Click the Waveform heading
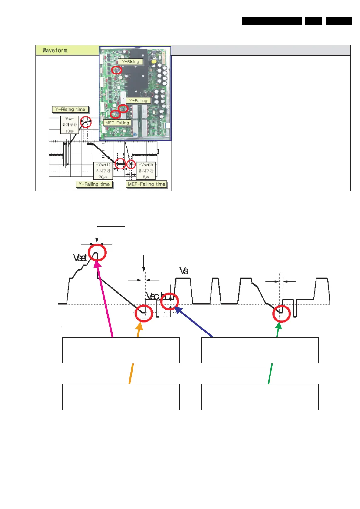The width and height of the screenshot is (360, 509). click(x=55, y=50)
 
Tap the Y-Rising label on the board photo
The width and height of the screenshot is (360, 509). click(x=130, y=62)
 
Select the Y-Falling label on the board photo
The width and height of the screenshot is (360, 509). click(x=138, y=100)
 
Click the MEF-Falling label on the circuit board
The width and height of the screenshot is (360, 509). click(x=117, y=123)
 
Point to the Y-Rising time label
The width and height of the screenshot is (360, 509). click(x=70, y=109)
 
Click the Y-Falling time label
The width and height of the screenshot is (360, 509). click(x=94, y=184)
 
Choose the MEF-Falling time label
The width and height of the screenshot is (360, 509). click(x=146, y=184)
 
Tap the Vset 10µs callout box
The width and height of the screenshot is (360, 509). click(x=70, y=125)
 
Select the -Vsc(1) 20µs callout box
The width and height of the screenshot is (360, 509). click(x=103, y=171)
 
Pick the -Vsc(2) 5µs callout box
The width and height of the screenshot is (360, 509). click(x=146, y=171)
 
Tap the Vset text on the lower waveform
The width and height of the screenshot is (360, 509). click(x=80, y=258)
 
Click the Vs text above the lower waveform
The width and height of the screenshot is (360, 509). click(x=184, y=271)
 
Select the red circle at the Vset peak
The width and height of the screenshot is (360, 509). click(x=97, y=252)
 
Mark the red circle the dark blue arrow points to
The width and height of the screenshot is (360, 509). click(x=169, y=301)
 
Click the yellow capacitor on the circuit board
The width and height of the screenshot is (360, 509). click(x=154, y=61)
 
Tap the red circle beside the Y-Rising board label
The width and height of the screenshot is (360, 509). click(x=116, y=70)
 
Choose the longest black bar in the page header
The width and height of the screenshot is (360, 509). click(x=271, y=21)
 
